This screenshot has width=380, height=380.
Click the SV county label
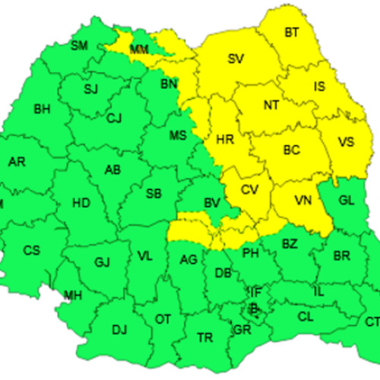(236, 58)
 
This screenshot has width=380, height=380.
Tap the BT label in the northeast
(292, 33)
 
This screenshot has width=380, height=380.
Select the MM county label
(139, 50)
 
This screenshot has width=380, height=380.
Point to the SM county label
(79, 46)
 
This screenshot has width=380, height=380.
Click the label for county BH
(42, 109)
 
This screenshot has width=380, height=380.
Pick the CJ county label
(114, 118)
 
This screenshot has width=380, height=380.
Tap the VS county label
(346, 142)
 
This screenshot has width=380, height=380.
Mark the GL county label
(346, 201)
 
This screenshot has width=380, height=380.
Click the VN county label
(303, 201)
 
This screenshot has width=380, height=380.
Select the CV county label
(250, 190)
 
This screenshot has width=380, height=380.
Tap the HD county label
(80, 203)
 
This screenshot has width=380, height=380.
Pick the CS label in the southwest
(32, 250)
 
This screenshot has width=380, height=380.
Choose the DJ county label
(119, 330)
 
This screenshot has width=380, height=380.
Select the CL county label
(305, 316)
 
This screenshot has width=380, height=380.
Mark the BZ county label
(290, 244)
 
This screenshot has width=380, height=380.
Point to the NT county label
(271, 106)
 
